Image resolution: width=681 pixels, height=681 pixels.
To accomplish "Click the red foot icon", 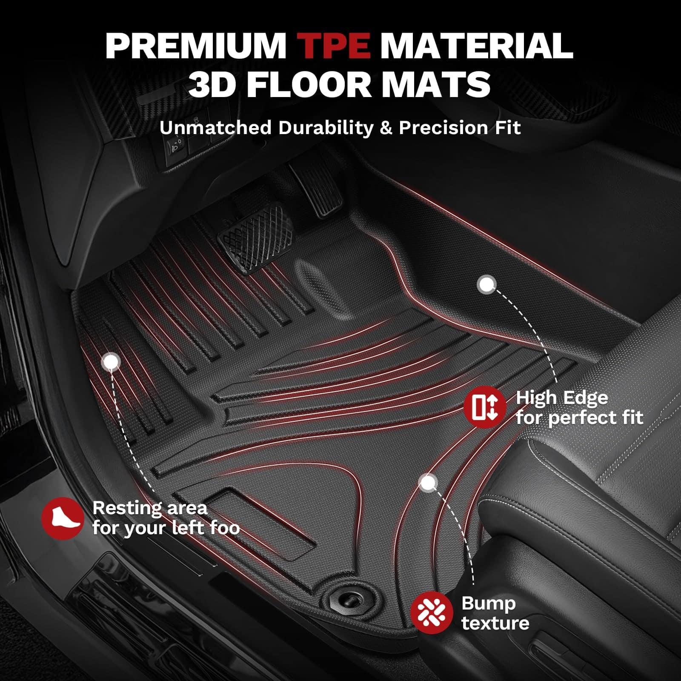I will tap(63, 518).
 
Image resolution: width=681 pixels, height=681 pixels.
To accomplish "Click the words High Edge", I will tap(562, 398).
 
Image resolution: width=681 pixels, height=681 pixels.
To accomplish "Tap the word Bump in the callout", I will tap(488, 603).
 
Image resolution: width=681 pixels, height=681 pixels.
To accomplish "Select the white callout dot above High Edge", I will tap(487, 284).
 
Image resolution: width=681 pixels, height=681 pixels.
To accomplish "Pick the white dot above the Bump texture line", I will tap(429, 483).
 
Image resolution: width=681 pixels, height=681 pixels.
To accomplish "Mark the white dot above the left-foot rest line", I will tap(111, 362).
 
